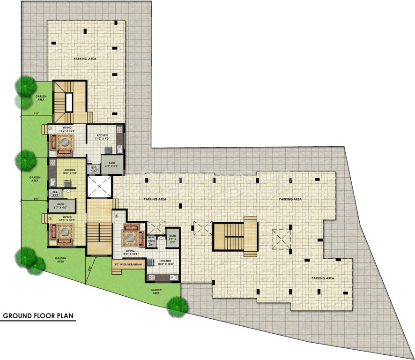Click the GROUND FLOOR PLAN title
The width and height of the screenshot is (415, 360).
tap(39, 315)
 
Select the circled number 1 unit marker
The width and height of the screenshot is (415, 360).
tap(50, 127)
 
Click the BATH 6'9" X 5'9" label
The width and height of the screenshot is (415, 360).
tap(111, 164)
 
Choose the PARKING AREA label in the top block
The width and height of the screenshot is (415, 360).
tap(85, 59)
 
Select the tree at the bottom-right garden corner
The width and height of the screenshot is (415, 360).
tap(178, 305)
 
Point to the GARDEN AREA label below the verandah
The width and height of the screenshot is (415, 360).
tap(156, 292)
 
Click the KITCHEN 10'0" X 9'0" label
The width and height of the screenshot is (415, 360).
tap(70, 171)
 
